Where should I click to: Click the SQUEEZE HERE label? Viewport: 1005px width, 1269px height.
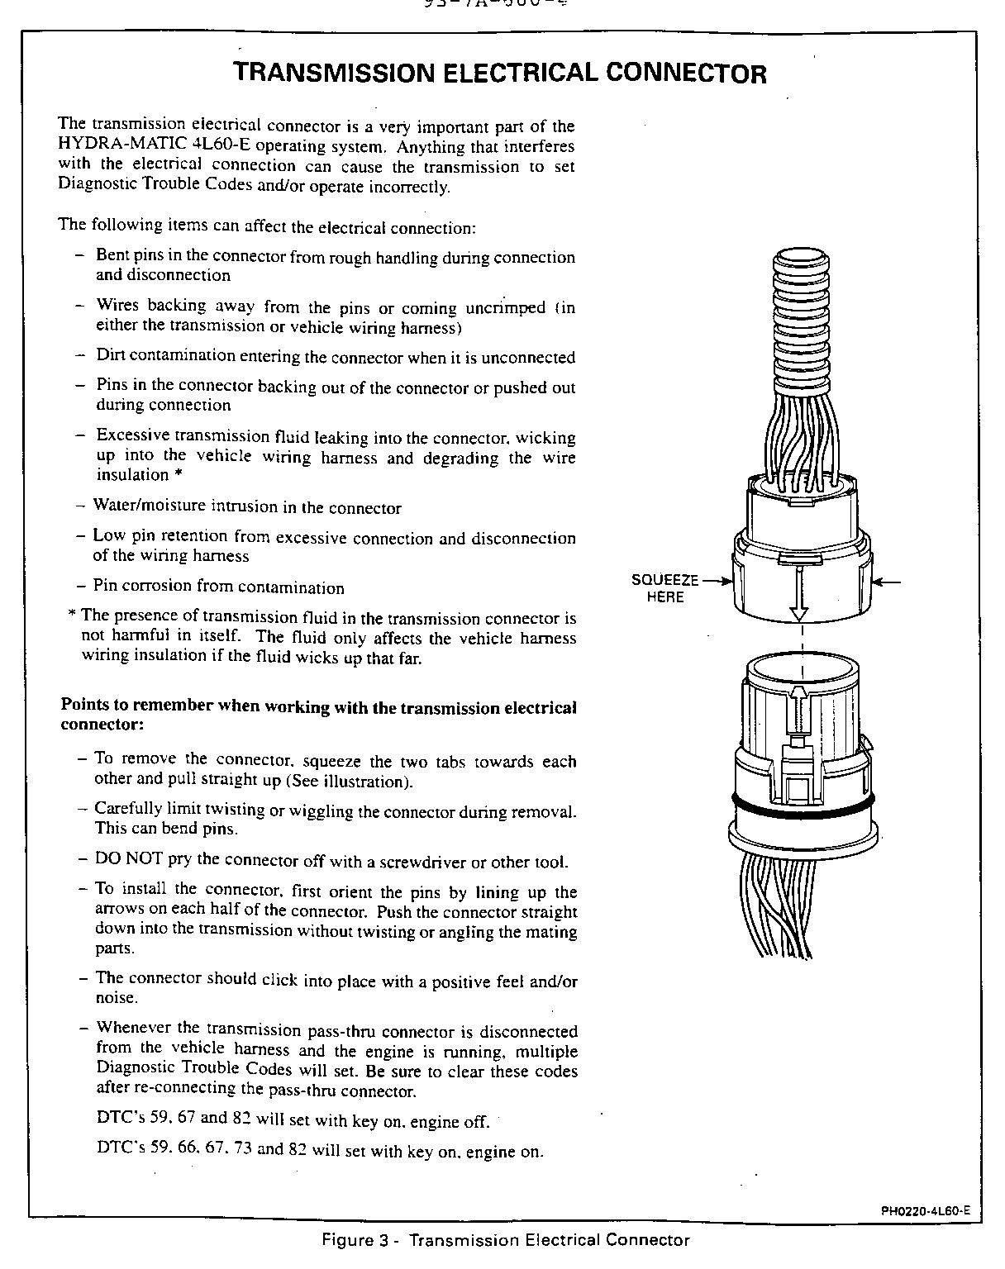(x=665, y=588)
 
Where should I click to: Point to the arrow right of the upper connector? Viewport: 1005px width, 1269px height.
(x=888, y=582)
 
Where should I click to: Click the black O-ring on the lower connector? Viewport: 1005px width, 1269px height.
(x=800, y=803)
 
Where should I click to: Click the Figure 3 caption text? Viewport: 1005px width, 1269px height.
(x=503, y=1240)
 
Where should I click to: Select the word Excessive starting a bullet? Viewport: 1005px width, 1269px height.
(x=134, y=435)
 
